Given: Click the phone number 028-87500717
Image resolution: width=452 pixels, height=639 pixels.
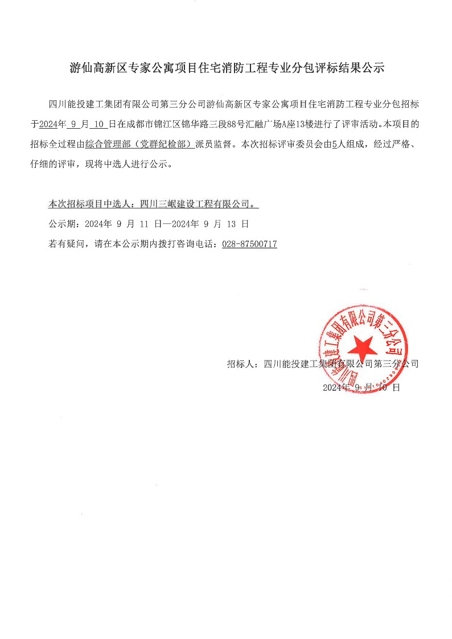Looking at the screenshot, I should click(x=249, y=244).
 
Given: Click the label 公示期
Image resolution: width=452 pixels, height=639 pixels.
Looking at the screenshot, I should click(x=63, y=224).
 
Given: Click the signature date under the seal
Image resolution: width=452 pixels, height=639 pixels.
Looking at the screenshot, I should click(x=361, y=387).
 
